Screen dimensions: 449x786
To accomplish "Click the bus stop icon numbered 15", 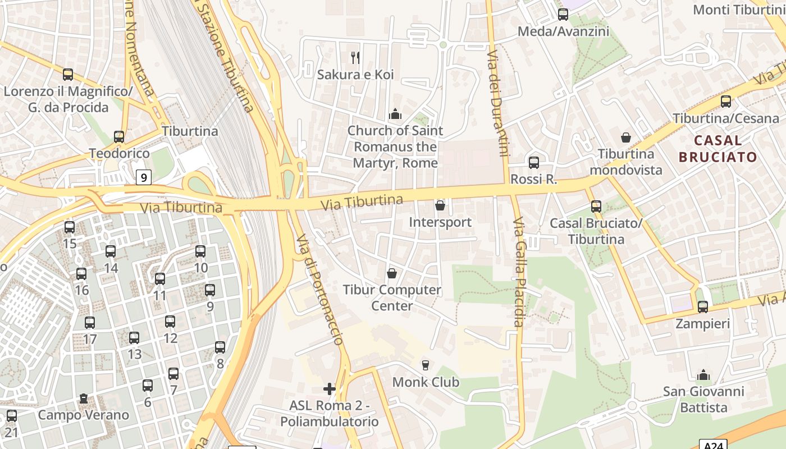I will point(70,227).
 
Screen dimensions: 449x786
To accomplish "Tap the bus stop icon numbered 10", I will point(200,251).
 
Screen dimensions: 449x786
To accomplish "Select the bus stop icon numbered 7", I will point(173,374).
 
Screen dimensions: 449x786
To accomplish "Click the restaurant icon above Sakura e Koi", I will point(355,57).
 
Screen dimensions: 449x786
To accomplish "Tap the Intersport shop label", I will point(440,222).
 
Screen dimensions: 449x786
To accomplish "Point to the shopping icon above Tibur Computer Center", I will point(392,273).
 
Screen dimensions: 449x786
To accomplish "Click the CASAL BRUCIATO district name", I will point(718,148).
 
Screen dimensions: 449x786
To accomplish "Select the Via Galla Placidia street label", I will point(518,272).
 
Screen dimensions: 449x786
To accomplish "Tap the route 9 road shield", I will point(144,178).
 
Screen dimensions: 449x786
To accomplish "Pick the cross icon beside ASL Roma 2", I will point(330,388).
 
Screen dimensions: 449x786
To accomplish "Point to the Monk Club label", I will point(426,382).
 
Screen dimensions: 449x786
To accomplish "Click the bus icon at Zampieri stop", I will point(703,307).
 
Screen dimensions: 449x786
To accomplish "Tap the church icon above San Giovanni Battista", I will point(703,375).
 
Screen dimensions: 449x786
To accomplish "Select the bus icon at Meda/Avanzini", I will point(563,15).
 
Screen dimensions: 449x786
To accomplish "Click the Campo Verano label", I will point(83,415).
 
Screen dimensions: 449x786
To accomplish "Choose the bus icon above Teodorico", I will point(119,137).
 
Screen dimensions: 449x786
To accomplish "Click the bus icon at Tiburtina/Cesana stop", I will point(726,102).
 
